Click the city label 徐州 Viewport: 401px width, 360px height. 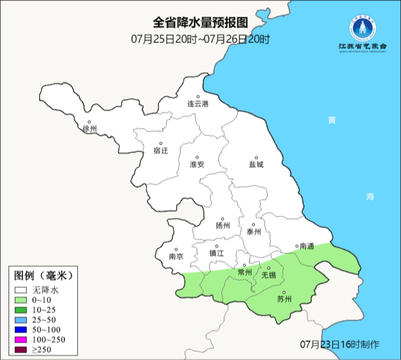pyautogui.click(x=90, y=129)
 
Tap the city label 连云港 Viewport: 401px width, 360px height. pyautogui.click(x=198, y=104)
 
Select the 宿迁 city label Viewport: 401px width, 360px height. pyautogui.click(x=161, y=150)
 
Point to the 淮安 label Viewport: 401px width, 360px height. pyautogui.click(x=197, y=164)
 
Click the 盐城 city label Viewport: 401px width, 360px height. pyautogui.click(x=256, y=164)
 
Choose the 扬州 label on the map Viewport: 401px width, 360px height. pyautogui.click(x=223, y=226)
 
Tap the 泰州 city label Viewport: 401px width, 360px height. pyautogui.click(x=254, y=232)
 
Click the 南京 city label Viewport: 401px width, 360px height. pyautogui.click(x=176, y=256)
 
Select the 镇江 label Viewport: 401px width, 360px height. pyautogui.click(x=216, y=253)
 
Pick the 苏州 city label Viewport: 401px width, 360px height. pyautogui.click(x=284, y=299)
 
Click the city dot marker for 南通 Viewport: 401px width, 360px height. pyautogui.click(x=297, y=246)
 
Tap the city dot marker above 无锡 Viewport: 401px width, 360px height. pyautogui.click(x=269, y=268)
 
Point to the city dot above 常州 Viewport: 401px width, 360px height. pyautogui.click(x=244, y=265)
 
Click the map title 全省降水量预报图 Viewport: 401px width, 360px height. pyautogui.click(x=200, y=23)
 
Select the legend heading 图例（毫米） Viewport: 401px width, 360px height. pyautogui.click(x=43, y=275)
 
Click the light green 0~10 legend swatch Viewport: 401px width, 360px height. pyautogui.click(x=21, y=300)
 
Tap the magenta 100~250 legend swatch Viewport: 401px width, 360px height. pyautogui.click(x=21, y=340)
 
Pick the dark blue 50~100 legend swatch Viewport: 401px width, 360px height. pyautogui.click(x=21, y=330)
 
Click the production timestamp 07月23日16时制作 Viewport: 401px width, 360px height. pyautogui.click(x=340, y=344)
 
